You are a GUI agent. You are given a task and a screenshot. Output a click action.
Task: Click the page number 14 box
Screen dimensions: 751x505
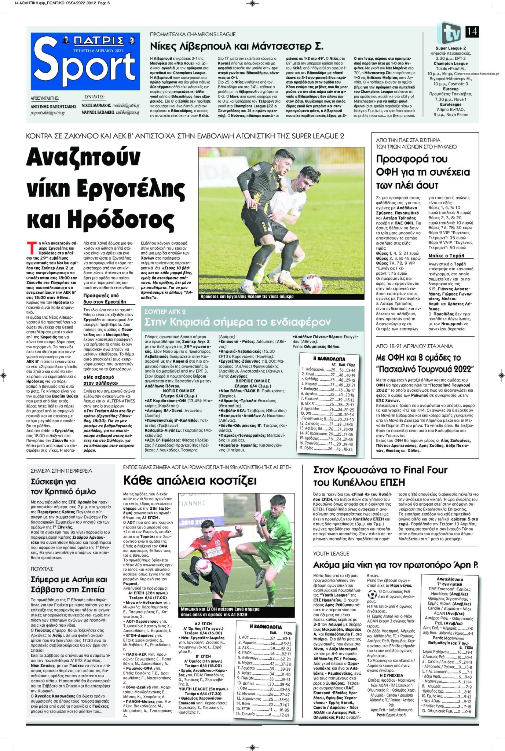472,31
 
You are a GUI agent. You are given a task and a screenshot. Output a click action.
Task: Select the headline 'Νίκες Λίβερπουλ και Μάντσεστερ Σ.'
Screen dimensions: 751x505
237,47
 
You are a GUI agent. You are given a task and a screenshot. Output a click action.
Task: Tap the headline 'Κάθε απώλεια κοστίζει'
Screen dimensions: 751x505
190,480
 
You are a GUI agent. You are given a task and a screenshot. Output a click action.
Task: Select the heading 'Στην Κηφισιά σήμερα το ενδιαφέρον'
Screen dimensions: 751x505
237,322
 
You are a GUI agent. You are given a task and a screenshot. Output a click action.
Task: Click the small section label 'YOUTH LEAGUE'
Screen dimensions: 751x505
331,553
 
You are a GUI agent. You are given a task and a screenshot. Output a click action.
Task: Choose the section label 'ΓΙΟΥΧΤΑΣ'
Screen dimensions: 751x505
42,569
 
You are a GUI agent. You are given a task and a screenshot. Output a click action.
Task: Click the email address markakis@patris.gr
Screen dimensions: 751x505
126,105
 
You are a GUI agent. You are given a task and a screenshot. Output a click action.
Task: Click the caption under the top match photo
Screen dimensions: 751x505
247,296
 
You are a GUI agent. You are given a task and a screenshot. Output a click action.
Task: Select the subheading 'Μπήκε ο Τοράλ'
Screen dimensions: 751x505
446,256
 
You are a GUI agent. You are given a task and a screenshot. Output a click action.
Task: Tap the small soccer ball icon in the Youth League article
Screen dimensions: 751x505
372,594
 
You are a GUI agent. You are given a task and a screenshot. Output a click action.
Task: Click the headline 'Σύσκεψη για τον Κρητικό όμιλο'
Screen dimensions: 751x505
63,486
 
